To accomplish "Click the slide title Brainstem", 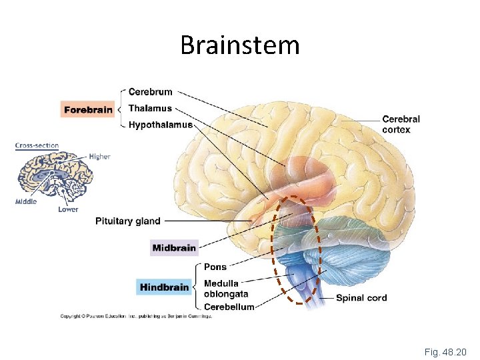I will click(x=240, y=45).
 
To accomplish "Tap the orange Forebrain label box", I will click(x=87, y=109).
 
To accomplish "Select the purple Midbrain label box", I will click(x=174, y=248).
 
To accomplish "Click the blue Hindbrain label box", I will click(x=165, y=287).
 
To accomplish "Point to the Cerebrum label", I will click(x=150, y=92).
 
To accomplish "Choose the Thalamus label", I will click(x=150, y=108).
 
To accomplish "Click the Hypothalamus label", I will click(x=160, y=125).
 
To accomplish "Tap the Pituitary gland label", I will click(x=128, y=221).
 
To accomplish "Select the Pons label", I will click(x=215, y=267).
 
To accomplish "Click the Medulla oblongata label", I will click(x=225, y=289).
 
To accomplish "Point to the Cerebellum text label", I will click(x=229, y=307).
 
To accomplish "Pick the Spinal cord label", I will click(x=361, y=298).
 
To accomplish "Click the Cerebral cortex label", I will click(x=401, y=125).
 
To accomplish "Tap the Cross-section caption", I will click(x=37, y=145).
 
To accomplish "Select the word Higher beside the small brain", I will click(x=99, y=157).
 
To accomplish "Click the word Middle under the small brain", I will click(x=26, y=201).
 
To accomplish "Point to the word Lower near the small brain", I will click(x=68, y=209).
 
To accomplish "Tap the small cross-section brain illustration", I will click(x=55, y=175).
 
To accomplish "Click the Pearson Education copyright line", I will click(x=136, y=316).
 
